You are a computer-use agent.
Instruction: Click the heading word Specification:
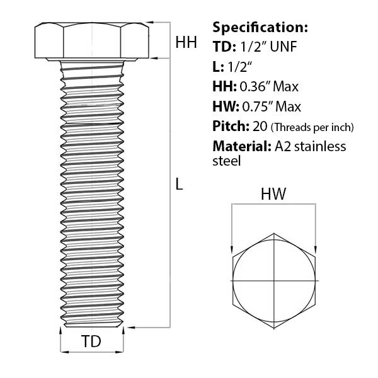(260, 28)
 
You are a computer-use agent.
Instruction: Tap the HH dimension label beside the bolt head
(186, 43)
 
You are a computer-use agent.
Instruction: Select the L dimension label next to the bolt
(179, 185)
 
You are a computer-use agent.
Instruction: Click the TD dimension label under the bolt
(92, 342)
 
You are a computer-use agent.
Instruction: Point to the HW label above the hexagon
(273, 195)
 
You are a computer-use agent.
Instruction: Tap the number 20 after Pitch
(260, 127)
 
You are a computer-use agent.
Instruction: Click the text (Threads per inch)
(312, 127)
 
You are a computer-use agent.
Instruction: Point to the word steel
(227, 161)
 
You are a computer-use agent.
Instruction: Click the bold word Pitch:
(231, 127)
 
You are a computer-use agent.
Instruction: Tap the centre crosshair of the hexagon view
(275, 279)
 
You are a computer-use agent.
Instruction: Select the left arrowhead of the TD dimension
(62, 351)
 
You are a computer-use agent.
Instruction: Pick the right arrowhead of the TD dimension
(121, 351)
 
